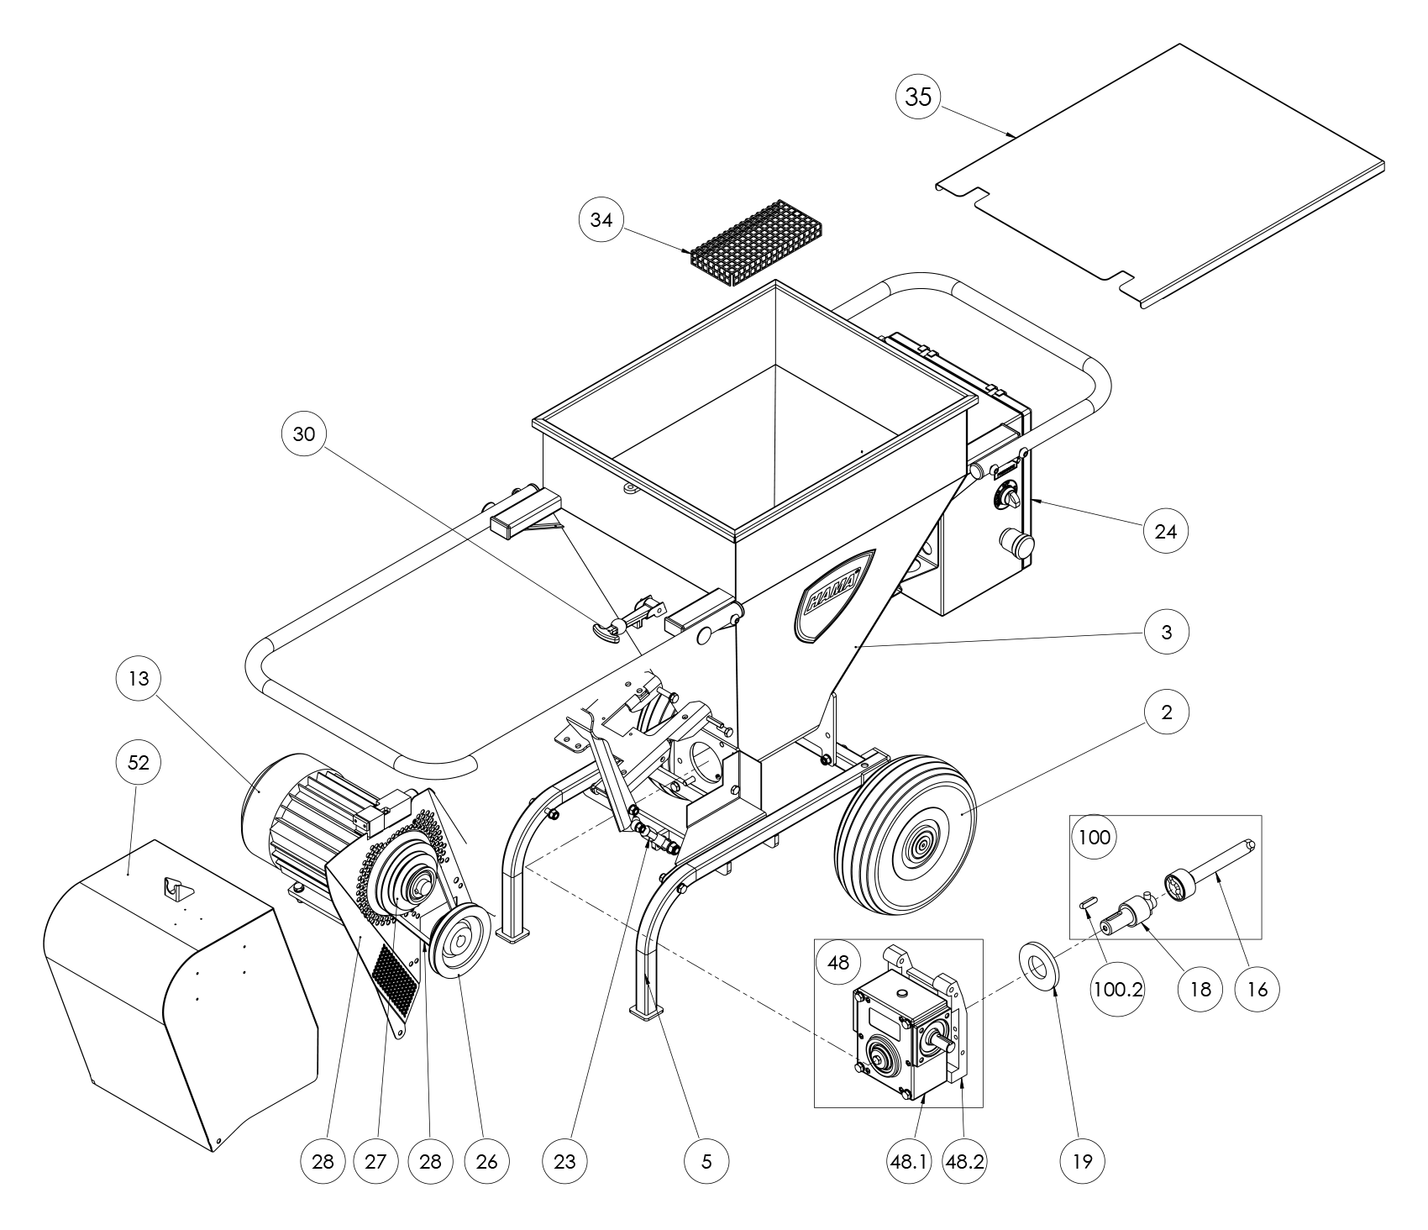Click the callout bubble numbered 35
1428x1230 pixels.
click(x=919, y=97)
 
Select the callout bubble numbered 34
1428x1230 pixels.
click(x=602, y=220)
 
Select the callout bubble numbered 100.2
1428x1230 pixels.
click(x=1113, y=990)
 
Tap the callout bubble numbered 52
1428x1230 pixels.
click(x=138, y=763)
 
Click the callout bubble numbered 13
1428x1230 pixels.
click(x=139, y=678)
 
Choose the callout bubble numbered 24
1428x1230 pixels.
click(x=1166, y=531)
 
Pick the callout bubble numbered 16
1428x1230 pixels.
click(x=1257, y=990)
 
